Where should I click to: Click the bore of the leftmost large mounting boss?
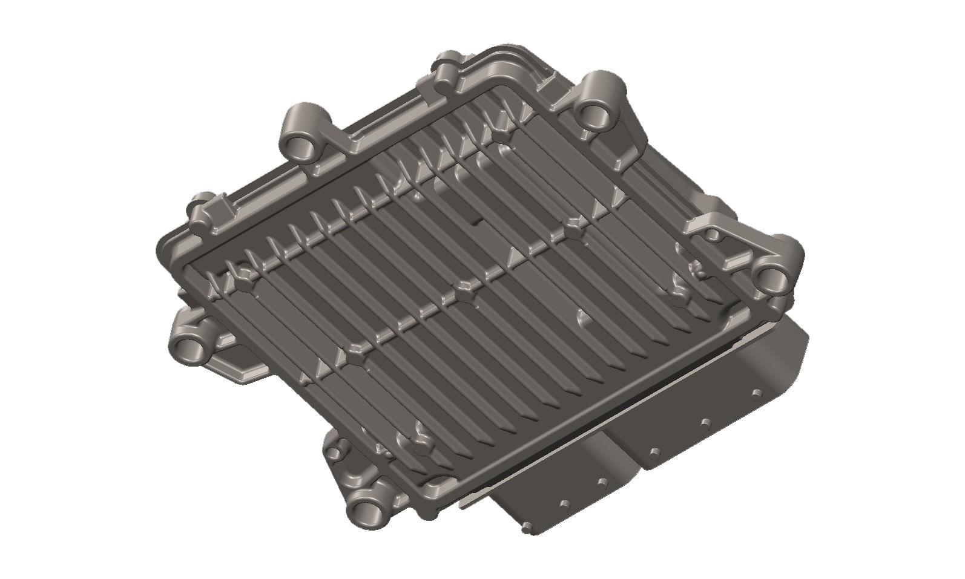[x=192, y=349]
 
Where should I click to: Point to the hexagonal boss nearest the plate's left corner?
[x=246, y=274]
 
